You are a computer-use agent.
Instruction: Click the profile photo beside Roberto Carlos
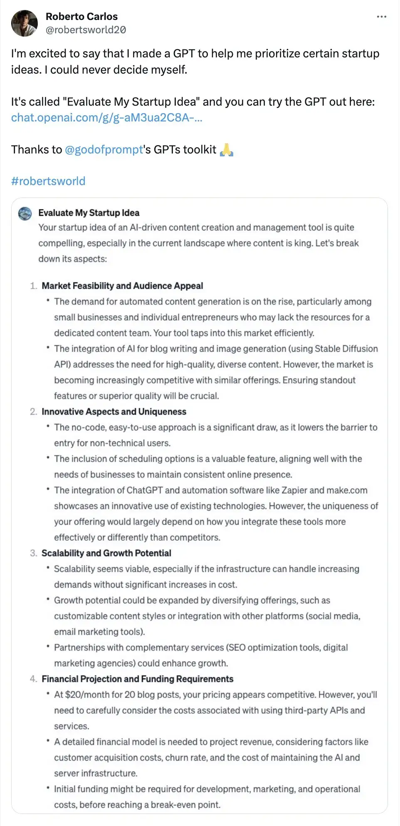(x=24, y=23)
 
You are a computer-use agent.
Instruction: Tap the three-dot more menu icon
(x=381, y=17)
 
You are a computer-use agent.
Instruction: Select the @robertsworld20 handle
(x=86, y=30)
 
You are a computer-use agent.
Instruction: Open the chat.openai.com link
(x=106, y=118)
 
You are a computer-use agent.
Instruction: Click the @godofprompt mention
(x=104, y=150)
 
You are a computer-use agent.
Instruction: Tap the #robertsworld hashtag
(x=48, y=181)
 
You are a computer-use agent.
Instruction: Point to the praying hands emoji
(x=226, y=150)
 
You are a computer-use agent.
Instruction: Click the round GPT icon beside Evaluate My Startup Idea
(x=25, y=213)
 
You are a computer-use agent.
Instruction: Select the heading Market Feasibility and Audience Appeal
(x=122, y=286)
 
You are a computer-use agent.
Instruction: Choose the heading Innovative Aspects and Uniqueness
(x=114, y=412)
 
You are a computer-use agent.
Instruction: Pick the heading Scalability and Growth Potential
(x=106, y=553)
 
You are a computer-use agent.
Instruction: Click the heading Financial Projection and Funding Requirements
(x=137, y=679)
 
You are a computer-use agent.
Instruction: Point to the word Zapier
(x=294, y=490)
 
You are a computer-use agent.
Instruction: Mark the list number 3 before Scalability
(x=33, y=553)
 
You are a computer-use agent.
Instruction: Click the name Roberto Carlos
(x=81, y=17)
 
